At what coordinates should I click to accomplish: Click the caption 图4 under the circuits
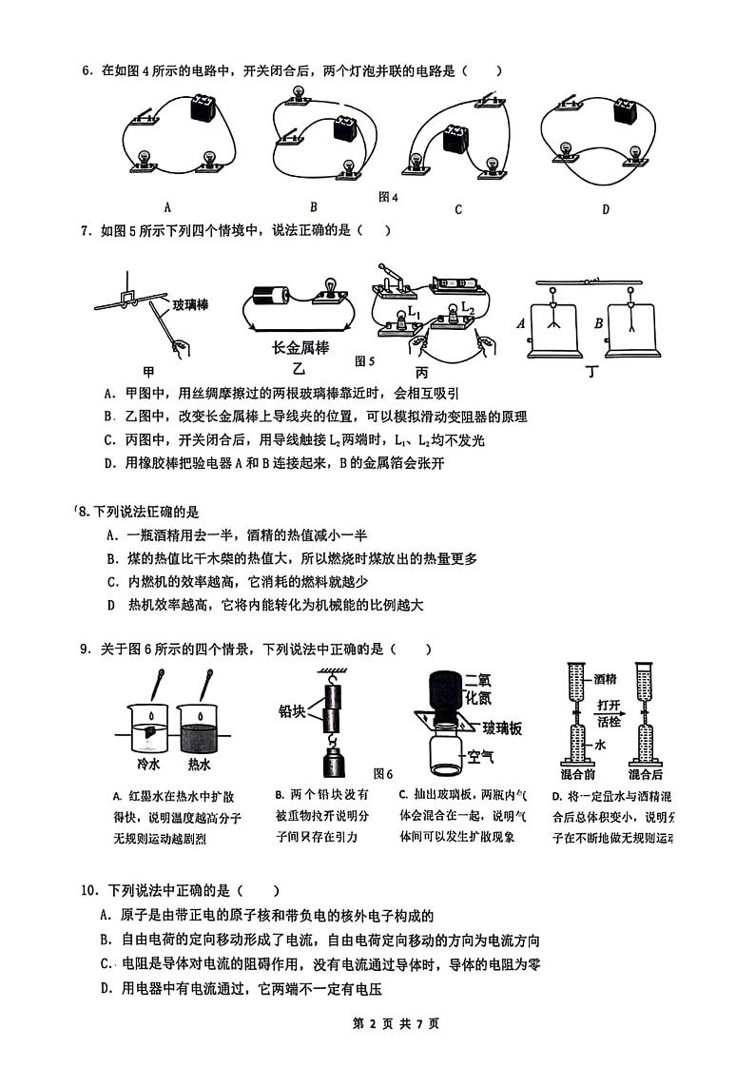[x=387, y=197]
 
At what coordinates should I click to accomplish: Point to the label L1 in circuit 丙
[x=414, y=313]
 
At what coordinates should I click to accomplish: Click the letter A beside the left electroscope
[x=520, y=322]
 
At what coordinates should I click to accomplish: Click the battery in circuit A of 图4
[x=202, y=107]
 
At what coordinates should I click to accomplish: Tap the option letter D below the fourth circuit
[x=605, y=209]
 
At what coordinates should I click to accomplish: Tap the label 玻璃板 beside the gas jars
[x=502, y=728]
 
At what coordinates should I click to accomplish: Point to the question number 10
[x=89, y=890]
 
